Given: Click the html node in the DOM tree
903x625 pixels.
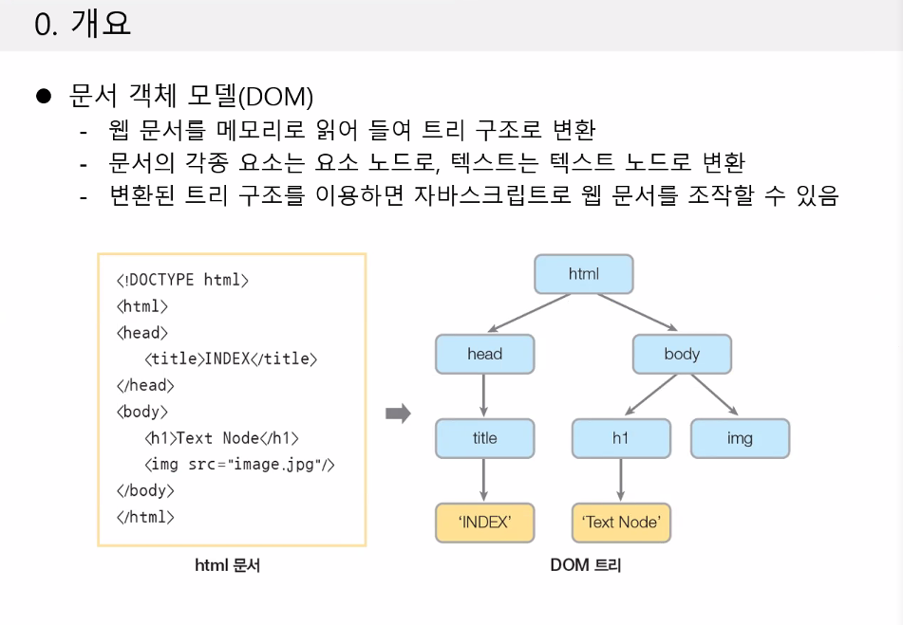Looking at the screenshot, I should point(583,274).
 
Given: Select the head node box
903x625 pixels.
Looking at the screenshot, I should point(484,354).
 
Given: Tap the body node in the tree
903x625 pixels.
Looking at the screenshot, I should point(682,354).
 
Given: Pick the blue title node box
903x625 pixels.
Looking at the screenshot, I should point(484,438).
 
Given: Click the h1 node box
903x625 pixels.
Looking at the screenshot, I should point(620,438).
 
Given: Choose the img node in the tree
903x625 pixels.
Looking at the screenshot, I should point(740,438).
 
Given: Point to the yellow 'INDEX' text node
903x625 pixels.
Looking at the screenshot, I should point(484,522).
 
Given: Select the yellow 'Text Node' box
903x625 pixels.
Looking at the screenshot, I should point(621,522).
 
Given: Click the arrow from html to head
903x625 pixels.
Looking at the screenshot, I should point(528,314).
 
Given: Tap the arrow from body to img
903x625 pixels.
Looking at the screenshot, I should point(715,394).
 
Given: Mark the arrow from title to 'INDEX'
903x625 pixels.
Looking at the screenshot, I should point(484,480).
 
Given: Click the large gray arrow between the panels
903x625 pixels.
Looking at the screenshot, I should point(398,414).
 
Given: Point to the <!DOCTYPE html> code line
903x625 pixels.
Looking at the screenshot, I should point(182,280).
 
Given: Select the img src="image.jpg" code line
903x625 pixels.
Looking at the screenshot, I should point(240,465).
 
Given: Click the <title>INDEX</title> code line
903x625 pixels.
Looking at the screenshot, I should point(231,358).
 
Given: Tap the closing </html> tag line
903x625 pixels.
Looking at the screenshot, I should point(145,517).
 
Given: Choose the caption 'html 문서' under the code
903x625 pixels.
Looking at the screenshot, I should point(228,566).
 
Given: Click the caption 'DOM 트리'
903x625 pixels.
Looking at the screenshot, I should point(586,566).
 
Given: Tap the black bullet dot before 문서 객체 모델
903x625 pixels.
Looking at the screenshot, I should point(42,96).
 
